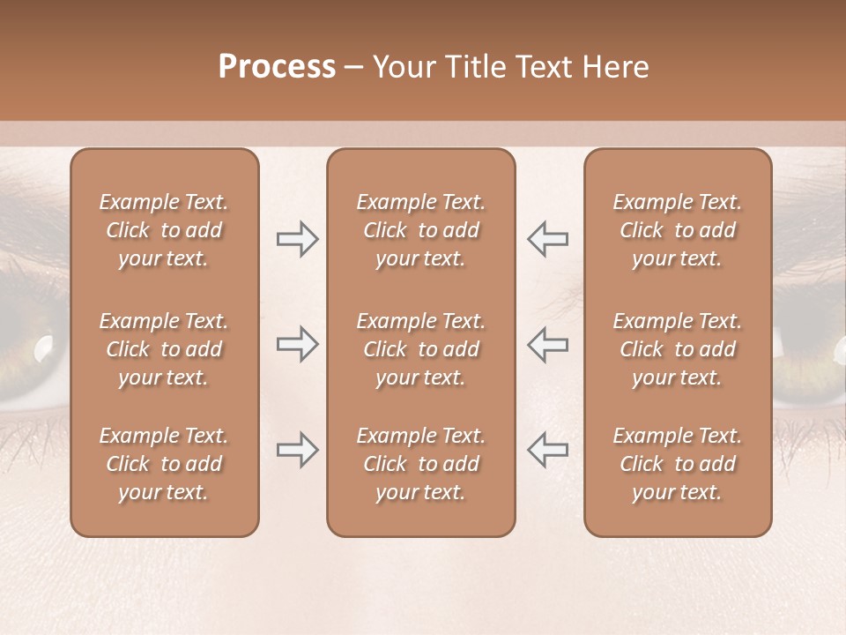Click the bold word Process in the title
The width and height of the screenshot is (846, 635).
click(x=277, y=67)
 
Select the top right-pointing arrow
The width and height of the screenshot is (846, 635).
click(x=297, y=239)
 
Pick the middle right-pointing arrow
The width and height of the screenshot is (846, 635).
click(x=297, y=344)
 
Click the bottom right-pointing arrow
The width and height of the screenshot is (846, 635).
click(x=297, y=450)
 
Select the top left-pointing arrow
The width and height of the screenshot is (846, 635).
click(x=548, y=239)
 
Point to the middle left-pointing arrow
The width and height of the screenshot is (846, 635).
click(x=548, y=344)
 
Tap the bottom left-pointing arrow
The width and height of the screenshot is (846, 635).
click(x=548, y=450)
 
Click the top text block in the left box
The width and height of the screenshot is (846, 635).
click(x=164, y=230)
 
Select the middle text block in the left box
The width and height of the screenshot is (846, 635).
click(x=164, y=349)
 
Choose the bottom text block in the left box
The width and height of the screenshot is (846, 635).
click(x=164, y=464)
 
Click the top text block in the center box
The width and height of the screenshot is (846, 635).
click(x=421, y=230)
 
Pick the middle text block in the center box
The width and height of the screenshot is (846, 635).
click(x=421, y=349)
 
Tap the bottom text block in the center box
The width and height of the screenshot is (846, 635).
click(x=421, y=464)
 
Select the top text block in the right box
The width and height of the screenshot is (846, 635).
click(x=678, y=230)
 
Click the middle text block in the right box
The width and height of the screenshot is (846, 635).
click(x=678, y=349)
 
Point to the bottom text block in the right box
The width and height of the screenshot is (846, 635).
click(x=678, y=464)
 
